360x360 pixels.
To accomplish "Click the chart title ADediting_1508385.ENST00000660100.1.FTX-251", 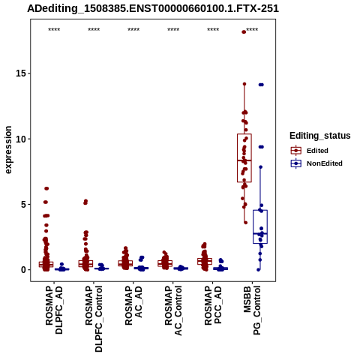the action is click(x=153, y=8).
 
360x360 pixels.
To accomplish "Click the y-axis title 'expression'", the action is click(x=8, y=150).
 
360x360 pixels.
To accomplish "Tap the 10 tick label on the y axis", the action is click(x=21, y=139).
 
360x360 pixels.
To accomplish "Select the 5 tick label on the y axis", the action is click(x=24, y=204).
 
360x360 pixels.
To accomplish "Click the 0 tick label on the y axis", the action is click(x=24, y=270).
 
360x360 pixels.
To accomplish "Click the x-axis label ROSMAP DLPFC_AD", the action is click(x=54, y=310).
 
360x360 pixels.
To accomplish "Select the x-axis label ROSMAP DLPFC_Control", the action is click(x=94, y=319).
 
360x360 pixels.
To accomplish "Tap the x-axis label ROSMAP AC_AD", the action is click(x=133, y=305).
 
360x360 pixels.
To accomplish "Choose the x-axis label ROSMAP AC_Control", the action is click(x=173, y=310).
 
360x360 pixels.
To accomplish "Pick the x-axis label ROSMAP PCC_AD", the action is click(x=213, y=305).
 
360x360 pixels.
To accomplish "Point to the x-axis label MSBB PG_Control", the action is click(x=252, y=310).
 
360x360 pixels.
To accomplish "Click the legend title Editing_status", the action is click(x=320, y=136).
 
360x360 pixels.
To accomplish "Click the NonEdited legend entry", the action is click(x=316, y=163).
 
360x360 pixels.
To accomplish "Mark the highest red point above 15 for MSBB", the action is click(x=244, y=31).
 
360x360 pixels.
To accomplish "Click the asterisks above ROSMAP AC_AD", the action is click(x=133, y=29).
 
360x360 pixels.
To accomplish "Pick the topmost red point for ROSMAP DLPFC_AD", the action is click(x=46, y=188).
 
